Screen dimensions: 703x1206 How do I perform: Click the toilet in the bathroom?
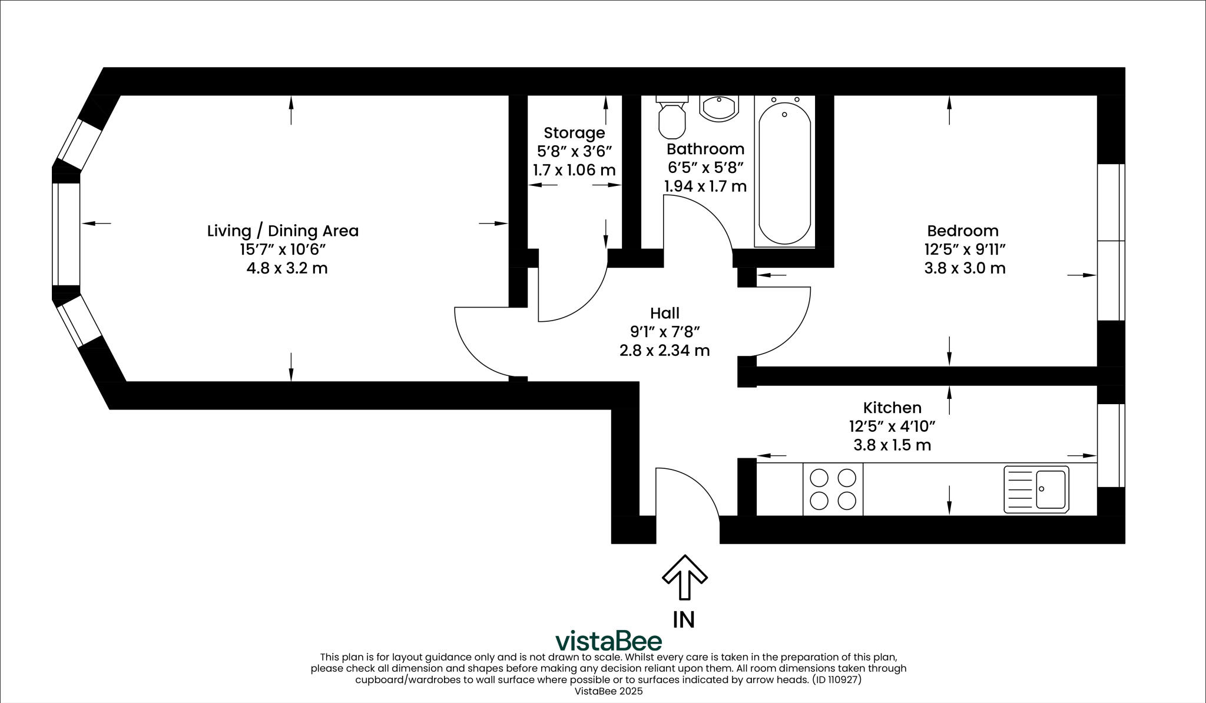[672, 118]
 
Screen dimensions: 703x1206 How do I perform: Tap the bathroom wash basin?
[718, 108]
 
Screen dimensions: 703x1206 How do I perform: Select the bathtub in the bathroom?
[784, 174]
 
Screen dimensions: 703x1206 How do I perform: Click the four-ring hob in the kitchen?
[833, 489]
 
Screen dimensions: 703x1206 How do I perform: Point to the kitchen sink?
[1036, 489]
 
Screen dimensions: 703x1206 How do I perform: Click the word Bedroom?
[963, 231]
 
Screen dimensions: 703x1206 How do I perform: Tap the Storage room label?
[574, 133]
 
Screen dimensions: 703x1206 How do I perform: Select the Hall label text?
[665, 313]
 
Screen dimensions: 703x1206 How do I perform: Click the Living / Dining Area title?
[283, 231]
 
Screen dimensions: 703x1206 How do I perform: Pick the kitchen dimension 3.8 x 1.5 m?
[892, 445]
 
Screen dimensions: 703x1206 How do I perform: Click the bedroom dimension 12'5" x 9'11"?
[965, 249]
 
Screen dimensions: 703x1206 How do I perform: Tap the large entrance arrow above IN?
[684, 577]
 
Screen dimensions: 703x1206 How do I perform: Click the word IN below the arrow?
[684, 619]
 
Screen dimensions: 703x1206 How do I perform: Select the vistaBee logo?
[609, 641]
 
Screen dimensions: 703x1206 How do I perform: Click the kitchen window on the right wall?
[1111, 445]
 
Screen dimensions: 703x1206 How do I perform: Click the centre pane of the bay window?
[66, 234]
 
